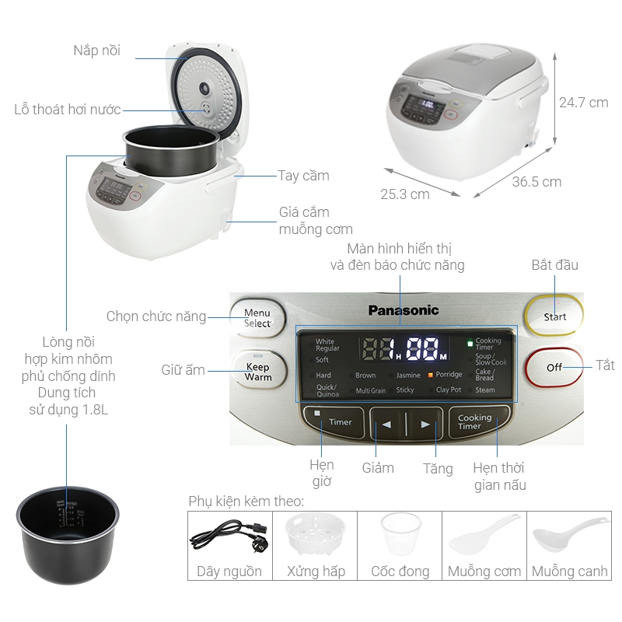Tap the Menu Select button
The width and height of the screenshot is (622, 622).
click(x=258, y=318)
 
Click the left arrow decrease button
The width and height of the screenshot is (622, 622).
click(x=387, y=424)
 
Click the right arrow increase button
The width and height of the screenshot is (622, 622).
click(x=424, y=424)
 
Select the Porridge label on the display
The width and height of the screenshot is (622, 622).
click(x=449, y=375)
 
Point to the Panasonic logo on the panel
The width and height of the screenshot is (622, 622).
click(x=404, y=310)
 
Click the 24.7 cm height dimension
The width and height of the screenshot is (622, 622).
click(x=584, y=103)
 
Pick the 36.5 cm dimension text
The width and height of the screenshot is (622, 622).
click(x=536, y=182)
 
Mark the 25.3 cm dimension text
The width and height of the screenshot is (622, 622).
click(x=405, y=194)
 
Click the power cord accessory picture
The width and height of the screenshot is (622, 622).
click(x=229, y=536)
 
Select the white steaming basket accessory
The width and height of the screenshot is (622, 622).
click(x=316, y=534)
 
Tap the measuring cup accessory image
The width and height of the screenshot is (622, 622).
click(x=400, y=533)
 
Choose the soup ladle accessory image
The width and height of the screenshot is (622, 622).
click(x=570, y=533)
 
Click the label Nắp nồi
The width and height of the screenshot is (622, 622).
click(x=96, y=51)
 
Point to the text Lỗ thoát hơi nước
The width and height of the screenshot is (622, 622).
click(x=68, y=109)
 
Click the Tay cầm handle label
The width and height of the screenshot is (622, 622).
click(x=303, y=176)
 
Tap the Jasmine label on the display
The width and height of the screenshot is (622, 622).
click(x=408, y=375)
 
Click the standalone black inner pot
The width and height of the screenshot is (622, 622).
click(x=68, y=535)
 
